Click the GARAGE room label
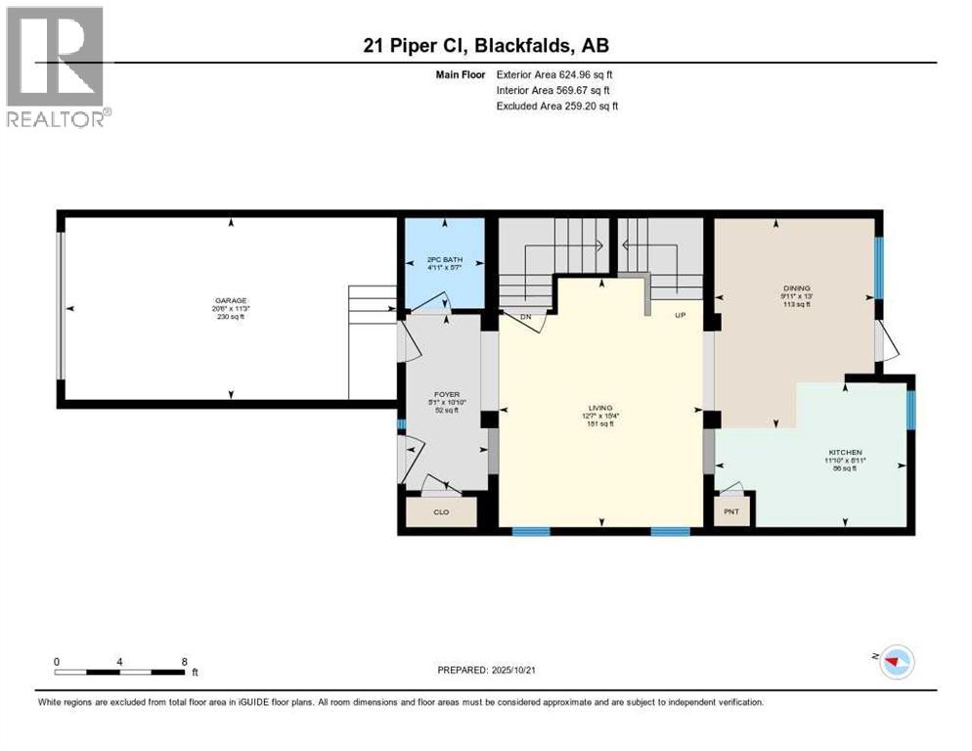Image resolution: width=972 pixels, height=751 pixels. click(x=231, y=300)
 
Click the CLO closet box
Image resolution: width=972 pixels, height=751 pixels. click(x=439, y=511)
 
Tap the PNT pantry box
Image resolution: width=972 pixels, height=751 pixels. click(x=730, y=511)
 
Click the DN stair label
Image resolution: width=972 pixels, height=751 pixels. click(x=526, y=317)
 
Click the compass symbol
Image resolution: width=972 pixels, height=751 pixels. click(x=894, y=662)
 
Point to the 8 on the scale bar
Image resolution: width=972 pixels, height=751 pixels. click(x=184, y=661)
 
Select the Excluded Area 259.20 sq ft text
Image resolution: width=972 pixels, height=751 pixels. click(x=557, y=106)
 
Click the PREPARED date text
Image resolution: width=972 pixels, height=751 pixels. click(x=488, y=670)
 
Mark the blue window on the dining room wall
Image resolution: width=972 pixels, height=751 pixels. click(x=878, y=267)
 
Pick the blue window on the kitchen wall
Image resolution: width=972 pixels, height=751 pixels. click(x=910, y=410)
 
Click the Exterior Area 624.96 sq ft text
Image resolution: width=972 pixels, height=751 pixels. click(x=554, y=74)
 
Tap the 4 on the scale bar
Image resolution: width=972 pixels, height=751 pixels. click(x=119, y=661)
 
